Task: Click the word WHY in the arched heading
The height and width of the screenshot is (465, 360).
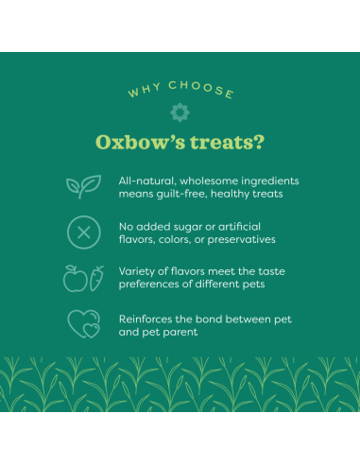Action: tap(145, 94)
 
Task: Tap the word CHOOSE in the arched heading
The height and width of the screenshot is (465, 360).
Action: tap(200, 90)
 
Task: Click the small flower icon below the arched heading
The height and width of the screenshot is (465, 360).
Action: tap(180, 112)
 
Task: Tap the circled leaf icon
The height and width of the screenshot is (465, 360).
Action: tap(82, 186)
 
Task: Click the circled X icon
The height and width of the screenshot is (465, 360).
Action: tap(82, 232)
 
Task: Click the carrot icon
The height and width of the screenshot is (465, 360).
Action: tap(95, 278)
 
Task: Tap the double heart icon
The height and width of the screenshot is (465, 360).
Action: tap(82, 325)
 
